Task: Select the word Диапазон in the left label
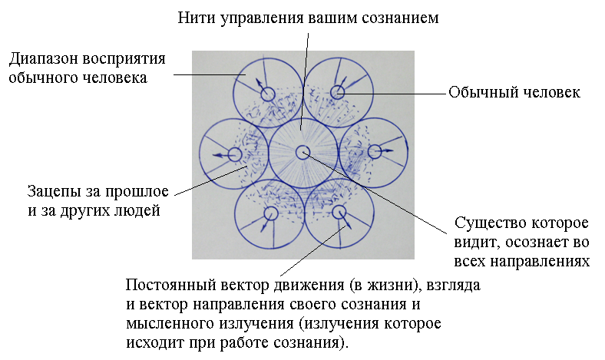click(x=43, y=60)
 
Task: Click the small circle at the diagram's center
click(x=302, y=152)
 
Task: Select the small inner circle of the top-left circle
click(x=267, y=94)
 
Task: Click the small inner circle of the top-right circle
click(x=337, y=93)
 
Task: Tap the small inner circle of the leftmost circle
click(x=233, y=154)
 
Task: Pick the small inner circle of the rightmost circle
click(x=375, y=152)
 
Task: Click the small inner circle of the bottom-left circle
click(x=269, y=213)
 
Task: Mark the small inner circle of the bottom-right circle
click(x=339, y=211)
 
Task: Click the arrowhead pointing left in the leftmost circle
click(x=216, y=155)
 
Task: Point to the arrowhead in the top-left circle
click(x=258, y=81)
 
